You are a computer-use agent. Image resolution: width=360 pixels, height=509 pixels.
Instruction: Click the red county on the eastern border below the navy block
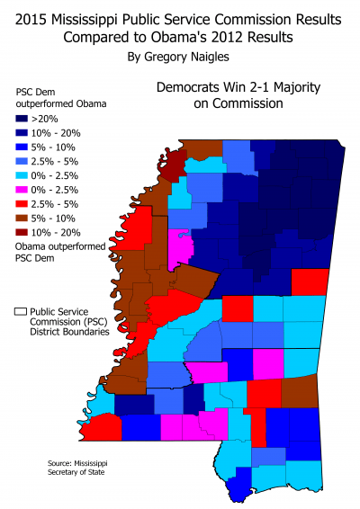click(310, 281)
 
